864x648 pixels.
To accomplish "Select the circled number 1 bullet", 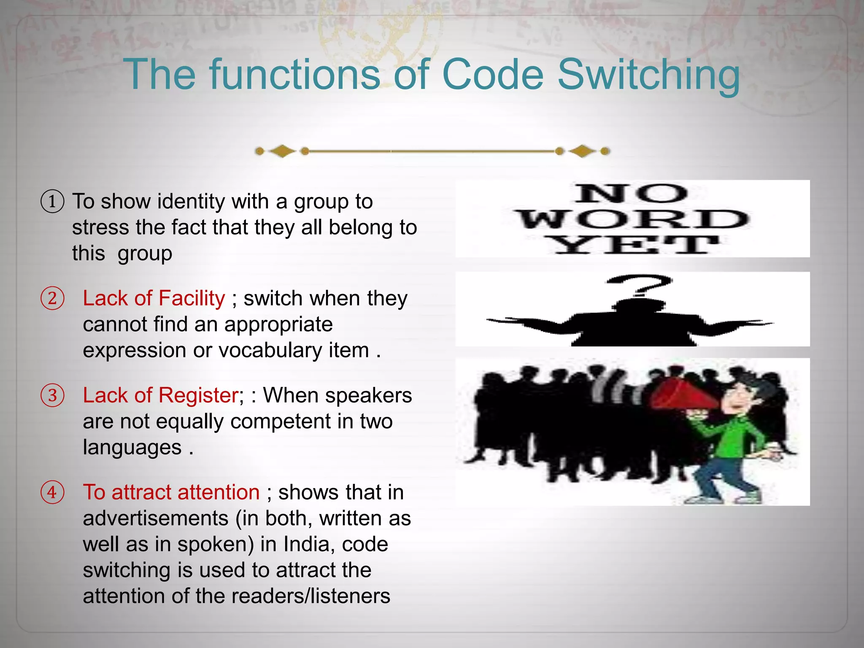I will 52,201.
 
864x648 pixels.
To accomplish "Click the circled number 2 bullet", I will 52,298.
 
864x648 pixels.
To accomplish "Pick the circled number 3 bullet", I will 52,395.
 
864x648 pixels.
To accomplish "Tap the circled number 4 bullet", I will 52,492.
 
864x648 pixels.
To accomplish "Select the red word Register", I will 198,396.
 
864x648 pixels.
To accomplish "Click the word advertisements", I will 155,518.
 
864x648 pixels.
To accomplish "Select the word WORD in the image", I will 633,220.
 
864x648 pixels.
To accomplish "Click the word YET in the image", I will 633,245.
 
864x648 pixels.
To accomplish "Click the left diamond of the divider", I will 282,151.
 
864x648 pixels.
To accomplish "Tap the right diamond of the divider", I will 582,151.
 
